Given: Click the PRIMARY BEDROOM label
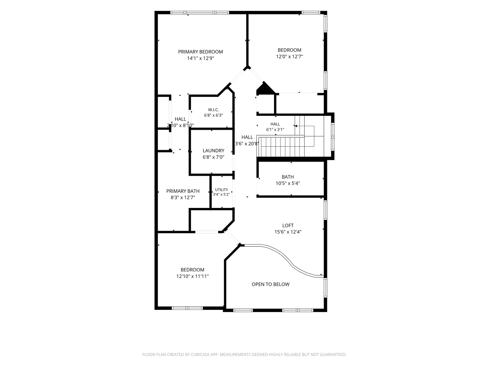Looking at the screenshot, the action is pos(200,52).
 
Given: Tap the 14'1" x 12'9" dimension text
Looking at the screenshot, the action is pos(200,58).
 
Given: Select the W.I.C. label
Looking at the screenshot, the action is pos(213,110).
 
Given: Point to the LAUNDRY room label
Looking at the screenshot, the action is pos(213,151).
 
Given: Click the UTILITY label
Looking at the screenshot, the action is pos(221,190).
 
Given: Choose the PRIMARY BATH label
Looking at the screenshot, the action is pos(183,191).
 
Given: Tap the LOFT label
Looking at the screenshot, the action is pos(288,226).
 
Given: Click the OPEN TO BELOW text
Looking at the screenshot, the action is pos(270,284).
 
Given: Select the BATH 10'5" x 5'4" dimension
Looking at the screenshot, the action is pos(288,183).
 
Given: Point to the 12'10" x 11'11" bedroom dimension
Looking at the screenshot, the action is pos(193,276).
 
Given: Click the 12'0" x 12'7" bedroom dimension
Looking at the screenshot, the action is pos(289,57).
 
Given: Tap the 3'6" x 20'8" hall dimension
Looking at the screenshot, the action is pos(247,144).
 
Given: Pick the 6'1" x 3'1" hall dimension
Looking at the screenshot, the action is pos(275,129).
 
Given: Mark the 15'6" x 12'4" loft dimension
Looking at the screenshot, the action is pos(288,232).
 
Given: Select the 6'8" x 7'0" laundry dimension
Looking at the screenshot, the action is pos(213,157).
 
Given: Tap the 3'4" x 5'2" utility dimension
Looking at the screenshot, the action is pos(221,194).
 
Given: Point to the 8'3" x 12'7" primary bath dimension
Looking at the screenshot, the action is pos(183,197).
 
